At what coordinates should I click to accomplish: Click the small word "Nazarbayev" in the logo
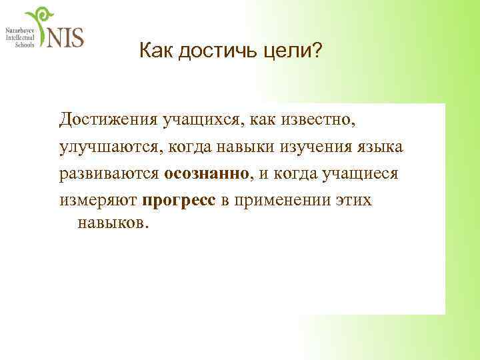pyautogui.click(x=21, y=31)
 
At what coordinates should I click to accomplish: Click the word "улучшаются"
pyautogui.click(x=109, y=147)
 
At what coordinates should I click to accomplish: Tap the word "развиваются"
pyautogui.click(x=109, y=173)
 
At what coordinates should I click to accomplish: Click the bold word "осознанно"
pyautogui.click(x=207, y=173)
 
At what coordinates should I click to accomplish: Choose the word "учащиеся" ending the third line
pyautogui.click(x=360, y=173)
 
